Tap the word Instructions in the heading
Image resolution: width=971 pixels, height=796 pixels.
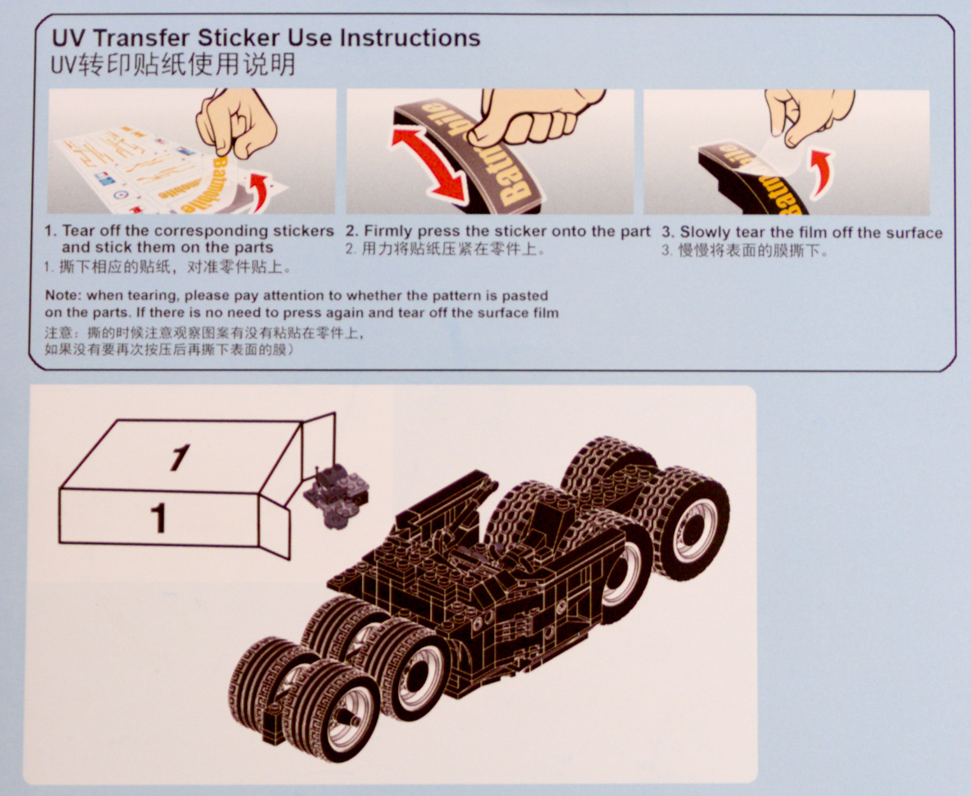(410, 38)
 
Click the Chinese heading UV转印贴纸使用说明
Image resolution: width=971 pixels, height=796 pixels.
(173, 65)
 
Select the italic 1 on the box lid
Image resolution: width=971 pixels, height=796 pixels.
(179, 458)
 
